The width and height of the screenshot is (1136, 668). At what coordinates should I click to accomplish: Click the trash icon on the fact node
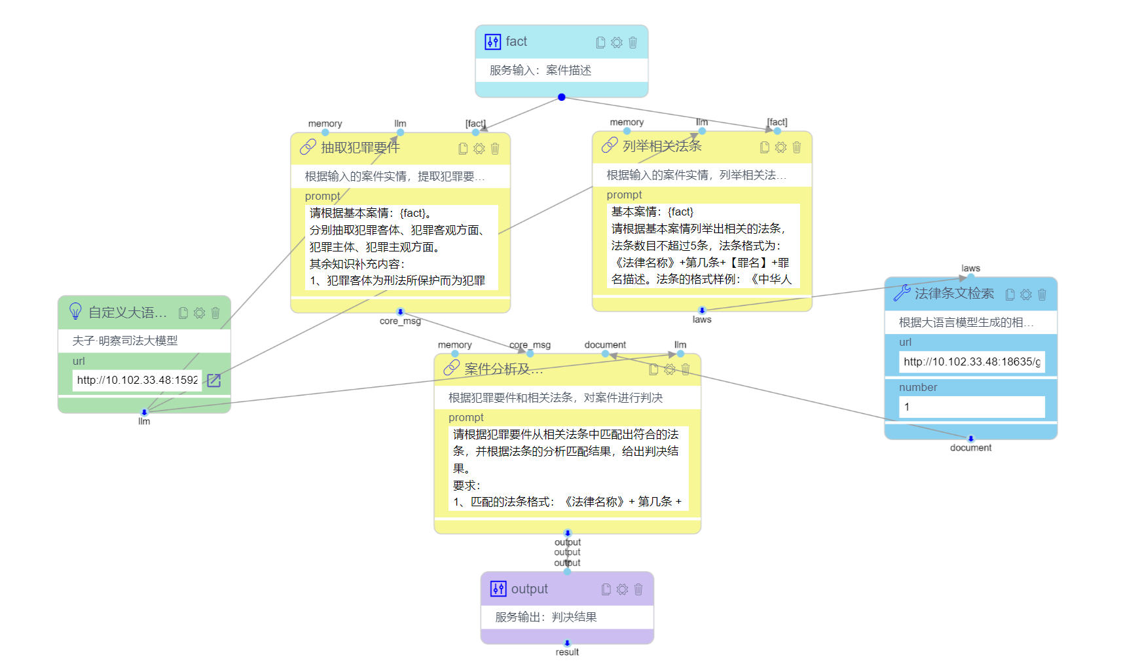pyautogui.click(x=632, y=43)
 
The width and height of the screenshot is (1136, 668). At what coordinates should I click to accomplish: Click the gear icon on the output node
pyautogui.click(x=622, y=589)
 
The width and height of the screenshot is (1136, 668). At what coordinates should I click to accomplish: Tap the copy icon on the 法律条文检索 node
pyautogui.click(x=1010, y=295)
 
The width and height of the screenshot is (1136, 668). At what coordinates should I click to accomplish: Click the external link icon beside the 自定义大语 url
pyautogui.click(x=214, y=380)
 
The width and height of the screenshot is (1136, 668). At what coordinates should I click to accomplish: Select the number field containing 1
pyautogui.click(x=972, y=407)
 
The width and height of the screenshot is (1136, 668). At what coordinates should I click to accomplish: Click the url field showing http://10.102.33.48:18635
pyautogui.click(x=972, y=362)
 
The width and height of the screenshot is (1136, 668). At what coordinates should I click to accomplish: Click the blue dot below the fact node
pyautogui.click(x=562, y=97)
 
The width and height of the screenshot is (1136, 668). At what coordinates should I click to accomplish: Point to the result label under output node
pyautogui.click(x=567, y=652)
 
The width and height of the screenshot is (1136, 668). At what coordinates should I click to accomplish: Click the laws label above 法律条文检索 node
pyautogui.click(x=970, y=269)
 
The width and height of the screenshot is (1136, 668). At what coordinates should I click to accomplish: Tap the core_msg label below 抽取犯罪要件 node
pyautogui.click(x=400, y=321)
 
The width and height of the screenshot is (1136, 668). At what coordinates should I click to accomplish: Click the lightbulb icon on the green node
pyautogui.click(x=75, y=311)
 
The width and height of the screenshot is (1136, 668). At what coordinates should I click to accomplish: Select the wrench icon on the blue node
pyautogui.click(x=902, y=293)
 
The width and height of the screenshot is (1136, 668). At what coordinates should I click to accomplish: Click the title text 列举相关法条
pyautogui.click(x=661, y=146)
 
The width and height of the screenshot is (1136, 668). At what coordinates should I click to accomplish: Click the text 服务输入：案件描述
pyautogui.click(x=540, y=70)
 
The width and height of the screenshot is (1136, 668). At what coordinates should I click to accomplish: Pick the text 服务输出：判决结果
pyautogui.click(x=545, y=617)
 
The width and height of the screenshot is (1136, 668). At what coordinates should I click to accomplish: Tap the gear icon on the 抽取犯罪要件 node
pyautogui.click(x=479, y=149)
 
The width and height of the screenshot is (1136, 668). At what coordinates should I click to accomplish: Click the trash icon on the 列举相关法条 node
pyautogui.click(x=796, y=147)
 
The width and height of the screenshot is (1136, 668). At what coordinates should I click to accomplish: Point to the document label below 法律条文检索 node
pyautogui.click(x=970, y=448)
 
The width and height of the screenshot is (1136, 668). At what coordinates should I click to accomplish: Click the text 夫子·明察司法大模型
pyautogui.click(x=124, y=341)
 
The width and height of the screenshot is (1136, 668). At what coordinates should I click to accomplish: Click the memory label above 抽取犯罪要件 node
pyautogui.click(x=325, y=124)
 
